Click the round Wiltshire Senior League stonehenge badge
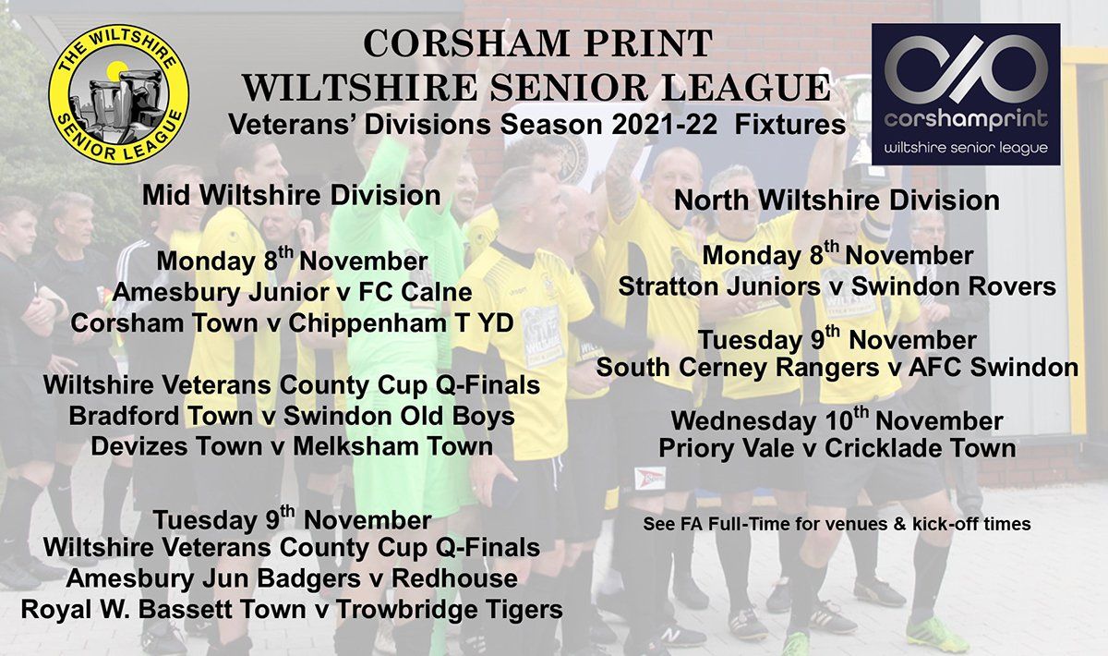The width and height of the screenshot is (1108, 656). [x=119, y=94]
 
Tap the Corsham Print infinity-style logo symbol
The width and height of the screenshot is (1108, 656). [x=966, y=69]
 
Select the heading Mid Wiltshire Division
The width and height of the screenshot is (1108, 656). [x=292, y=196]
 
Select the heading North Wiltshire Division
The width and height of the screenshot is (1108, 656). [x=837, y=200]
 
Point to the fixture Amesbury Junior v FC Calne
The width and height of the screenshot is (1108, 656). [x=293, y=292]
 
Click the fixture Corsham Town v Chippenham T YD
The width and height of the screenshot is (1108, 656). [x=292, y=323]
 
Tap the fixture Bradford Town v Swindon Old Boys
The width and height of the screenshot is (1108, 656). [x=292, y=416]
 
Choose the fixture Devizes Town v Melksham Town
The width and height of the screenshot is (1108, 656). [x=292, y=446]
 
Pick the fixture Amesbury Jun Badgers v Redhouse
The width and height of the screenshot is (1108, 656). [x=292, y=578]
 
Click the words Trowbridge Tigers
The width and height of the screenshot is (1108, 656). [x=449, y=610]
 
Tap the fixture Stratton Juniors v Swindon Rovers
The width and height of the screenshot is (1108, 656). [x=837, y=286]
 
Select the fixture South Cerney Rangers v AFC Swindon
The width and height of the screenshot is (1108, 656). [x=837, y=368]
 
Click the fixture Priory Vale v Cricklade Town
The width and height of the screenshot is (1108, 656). [x=837, y=448]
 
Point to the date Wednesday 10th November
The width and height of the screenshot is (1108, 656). [x=837, y=419]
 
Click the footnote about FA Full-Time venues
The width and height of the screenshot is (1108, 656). [x=837, y=524]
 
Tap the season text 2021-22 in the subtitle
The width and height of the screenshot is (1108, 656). [x=664, y=125]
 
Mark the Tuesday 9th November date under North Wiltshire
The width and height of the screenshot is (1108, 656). [x=837, y=339]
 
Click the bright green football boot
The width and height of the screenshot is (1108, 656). [x=934, y=634]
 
